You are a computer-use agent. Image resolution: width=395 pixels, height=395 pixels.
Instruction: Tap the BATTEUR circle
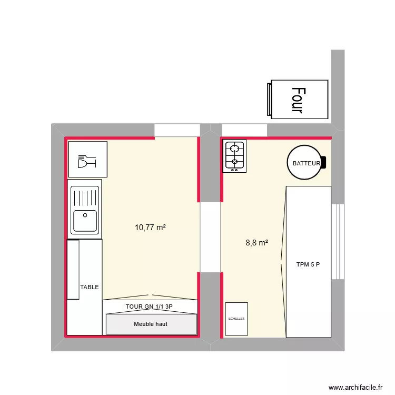click(306, 163)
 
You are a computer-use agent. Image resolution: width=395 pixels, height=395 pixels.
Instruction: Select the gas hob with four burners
click(234, 156)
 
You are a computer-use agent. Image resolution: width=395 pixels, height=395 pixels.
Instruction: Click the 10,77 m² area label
click(151, 228)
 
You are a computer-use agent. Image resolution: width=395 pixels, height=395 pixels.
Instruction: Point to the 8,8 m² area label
click(257, 243)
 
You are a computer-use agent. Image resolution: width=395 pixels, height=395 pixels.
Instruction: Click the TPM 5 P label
click(308, 265)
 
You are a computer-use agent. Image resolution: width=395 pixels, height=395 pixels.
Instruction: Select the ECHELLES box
click(236, 319)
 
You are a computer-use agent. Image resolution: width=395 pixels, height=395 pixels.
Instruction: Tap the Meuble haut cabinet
click(151, 324)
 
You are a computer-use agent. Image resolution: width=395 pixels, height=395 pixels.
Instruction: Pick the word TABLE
click(90, 287)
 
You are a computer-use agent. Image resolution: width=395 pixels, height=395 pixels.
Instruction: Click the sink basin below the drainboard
click(84, 221)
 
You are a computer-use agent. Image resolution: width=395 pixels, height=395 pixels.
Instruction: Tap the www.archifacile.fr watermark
click(356, 387)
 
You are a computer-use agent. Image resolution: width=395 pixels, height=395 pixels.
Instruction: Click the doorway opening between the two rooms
click(210, 237)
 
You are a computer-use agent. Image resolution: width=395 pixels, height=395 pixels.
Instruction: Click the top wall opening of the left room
click(177, 130)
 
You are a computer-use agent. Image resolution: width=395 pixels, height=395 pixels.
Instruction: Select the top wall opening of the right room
click(245, 130)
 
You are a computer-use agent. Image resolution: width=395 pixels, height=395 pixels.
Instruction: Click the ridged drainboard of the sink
click(84, 196)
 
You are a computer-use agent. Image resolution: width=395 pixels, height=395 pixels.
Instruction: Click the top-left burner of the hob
click(230, 147)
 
